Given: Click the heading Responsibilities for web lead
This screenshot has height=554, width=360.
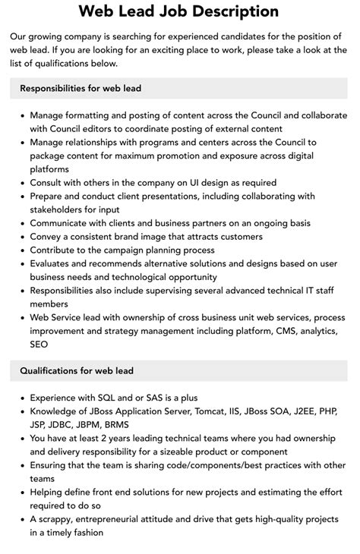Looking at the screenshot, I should point(81,88).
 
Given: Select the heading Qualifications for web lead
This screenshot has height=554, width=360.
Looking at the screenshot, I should point(77,370).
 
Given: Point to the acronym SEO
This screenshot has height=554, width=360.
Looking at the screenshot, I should point(39,344).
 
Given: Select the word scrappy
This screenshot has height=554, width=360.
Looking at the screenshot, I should point(60,519).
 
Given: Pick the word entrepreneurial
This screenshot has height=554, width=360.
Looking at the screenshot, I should point(126,519).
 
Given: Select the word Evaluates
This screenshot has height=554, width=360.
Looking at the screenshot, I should point(54,264).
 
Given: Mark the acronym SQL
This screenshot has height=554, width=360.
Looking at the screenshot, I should point(109,397).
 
